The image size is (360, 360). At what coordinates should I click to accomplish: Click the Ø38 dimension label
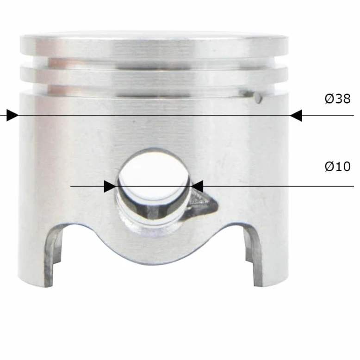pyautogui.click(x=338, y=99)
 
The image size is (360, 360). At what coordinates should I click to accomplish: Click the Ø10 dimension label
pyautogui.click(x=338, y=166)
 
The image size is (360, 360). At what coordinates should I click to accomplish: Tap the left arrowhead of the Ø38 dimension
pyautogui.click(x=12, y=115)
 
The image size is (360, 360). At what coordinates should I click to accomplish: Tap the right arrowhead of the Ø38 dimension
pyautogui.click(x=297, y=115)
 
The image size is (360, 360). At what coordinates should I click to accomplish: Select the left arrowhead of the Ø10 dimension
pyautogui.click(x=110, y=186)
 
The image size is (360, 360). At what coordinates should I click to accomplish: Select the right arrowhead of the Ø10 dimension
pyautogui.click(x=197, y=186)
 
